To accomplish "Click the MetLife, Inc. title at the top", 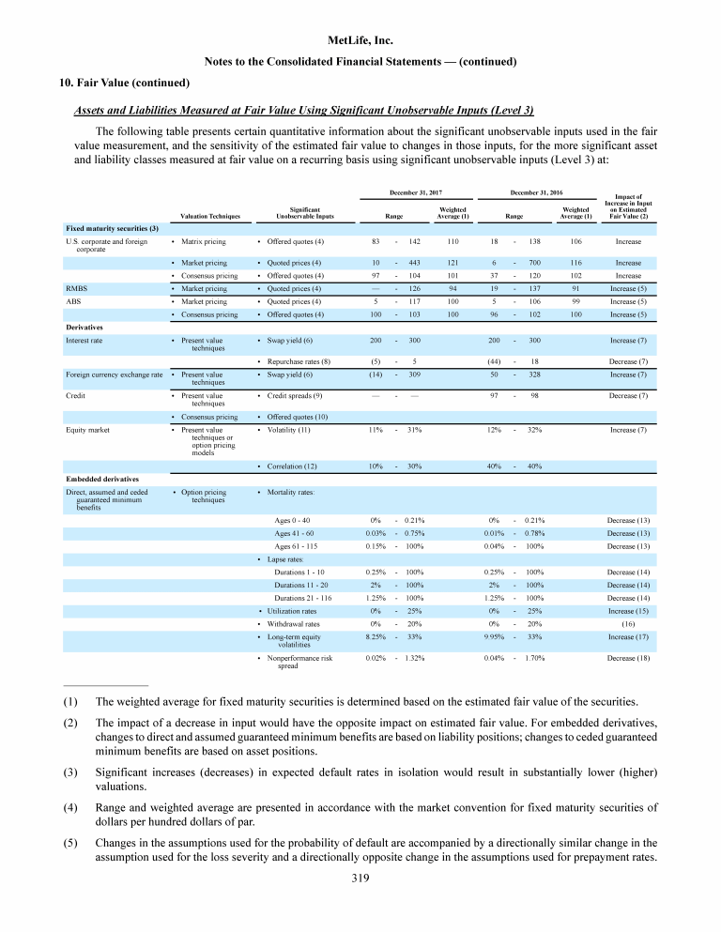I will [360, 41].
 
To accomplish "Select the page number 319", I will [360, 879].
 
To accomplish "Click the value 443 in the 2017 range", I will [412, 262].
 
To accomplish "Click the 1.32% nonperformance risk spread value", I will [409, 659].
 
